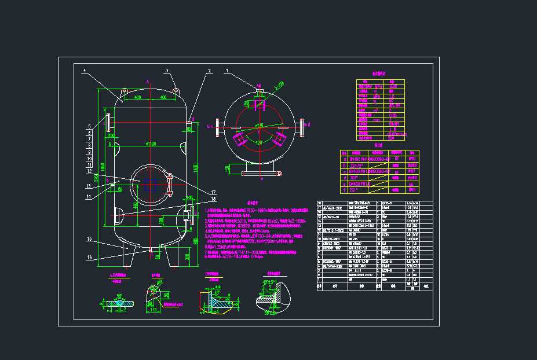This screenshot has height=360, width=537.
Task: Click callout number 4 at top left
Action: coord(84,71)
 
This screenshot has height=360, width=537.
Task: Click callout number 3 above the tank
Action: coord(167,71)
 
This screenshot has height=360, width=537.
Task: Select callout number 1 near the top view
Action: coord(227,71)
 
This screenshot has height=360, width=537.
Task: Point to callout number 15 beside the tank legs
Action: coord(89,238)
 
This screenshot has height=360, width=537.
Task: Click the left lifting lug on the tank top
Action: coord(125,91)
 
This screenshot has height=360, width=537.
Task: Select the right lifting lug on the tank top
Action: coord(176,91)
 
